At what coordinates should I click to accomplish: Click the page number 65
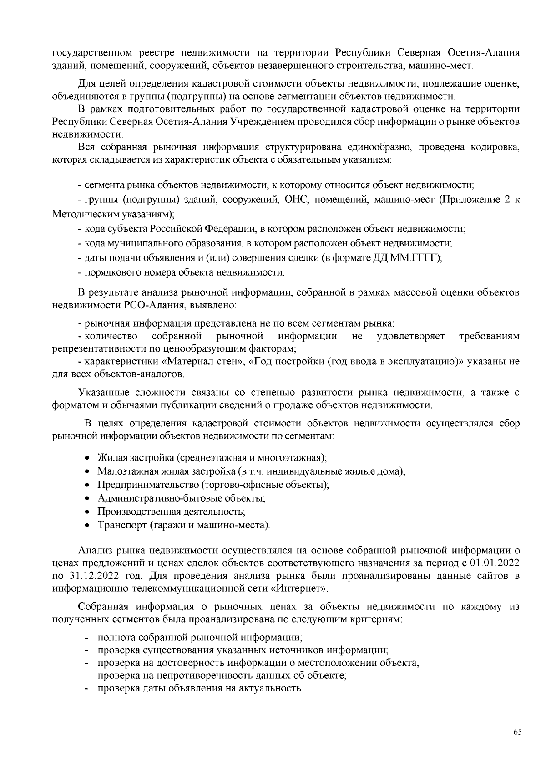[x=517, y=732]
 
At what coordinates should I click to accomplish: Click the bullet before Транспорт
[x=88, y=525]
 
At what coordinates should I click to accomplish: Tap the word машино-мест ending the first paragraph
[x=449, y=66]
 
